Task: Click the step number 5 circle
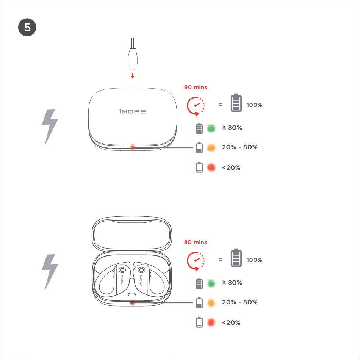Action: coord(27,27)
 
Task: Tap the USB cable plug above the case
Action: coord(133,58)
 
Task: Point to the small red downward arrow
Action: coord(133,75)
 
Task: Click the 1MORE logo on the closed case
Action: coord(132,111)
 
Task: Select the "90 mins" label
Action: coord(196,87)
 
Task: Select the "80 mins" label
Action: coord(196,242)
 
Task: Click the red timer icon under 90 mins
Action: coord(196,106)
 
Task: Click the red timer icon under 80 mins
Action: coord(196,261)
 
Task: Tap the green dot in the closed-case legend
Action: coord(211,128)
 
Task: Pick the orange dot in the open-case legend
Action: coord(211,303)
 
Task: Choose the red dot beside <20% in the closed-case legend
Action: coord(211,167)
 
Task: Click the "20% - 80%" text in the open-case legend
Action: coord(239,302)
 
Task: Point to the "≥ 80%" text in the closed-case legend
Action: coord(232,128)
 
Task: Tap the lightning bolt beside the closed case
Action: coord(50,127)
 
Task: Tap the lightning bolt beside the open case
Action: coord(50,272)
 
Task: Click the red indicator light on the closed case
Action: coord(133,147)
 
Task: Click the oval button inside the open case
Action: coord(132,294)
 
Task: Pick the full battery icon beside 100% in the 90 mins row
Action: coord(236,103)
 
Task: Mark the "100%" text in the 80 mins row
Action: coord(254,260)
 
